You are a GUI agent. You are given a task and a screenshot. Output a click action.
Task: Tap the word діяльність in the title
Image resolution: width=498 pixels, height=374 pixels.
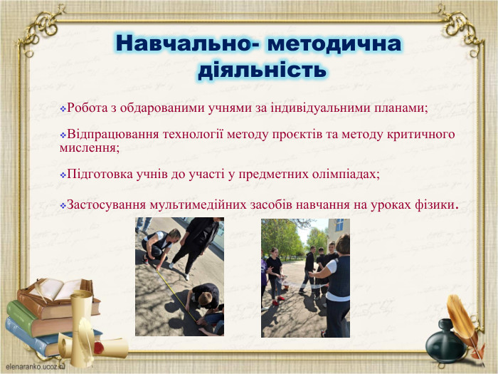tap(261, 70)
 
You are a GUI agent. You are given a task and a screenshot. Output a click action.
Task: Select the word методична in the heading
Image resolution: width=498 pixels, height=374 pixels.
tap(335, 44)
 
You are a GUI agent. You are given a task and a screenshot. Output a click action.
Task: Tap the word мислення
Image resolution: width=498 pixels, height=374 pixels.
tap(88, 147)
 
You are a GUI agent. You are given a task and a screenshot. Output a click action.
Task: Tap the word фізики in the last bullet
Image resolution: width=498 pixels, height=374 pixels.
tap(434, 205)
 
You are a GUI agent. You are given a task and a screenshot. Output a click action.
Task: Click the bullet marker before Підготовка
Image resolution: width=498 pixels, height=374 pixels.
tap(63, 175)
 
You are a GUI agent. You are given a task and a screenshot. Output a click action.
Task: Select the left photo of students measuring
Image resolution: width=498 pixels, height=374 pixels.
tap(179, 277)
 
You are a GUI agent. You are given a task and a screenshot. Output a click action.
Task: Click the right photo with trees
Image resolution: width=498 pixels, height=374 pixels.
tap(305, 277)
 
